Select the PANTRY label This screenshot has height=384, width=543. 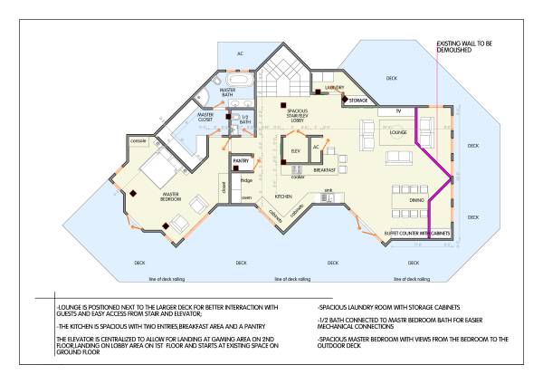(241, 161)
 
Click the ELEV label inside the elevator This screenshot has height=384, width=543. (294, 149)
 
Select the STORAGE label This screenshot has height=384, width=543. (358, 101)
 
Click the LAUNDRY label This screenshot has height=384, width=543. (334, 87)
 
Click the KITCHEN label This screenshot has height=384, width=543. (283, 196)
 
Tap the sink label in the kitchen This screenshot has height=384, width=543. (329, 191)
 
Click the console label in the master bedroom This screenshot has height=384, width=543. (138, 141)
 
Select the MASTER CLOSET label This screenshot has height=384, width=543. (205, 117)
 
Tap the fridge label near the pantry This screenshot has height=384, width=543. (246, 181)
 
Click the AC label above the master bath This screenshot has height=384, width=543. (240, 53)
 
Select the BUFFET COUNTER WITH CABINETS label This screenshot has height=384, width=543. (417, 233)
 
